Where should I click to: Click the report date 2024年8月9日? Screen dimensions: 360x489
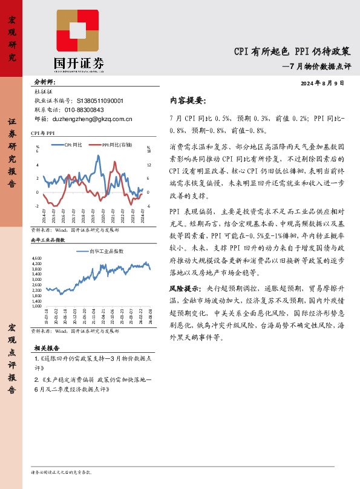pyautogui.click(x=322, y=82)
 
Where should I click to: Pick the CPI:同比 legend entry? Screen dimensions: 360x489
pyautogui.click(x=71, y=145)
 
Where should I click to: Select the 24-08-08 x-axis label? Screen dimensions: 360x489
pyautogui.click(x=149, y=318)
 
